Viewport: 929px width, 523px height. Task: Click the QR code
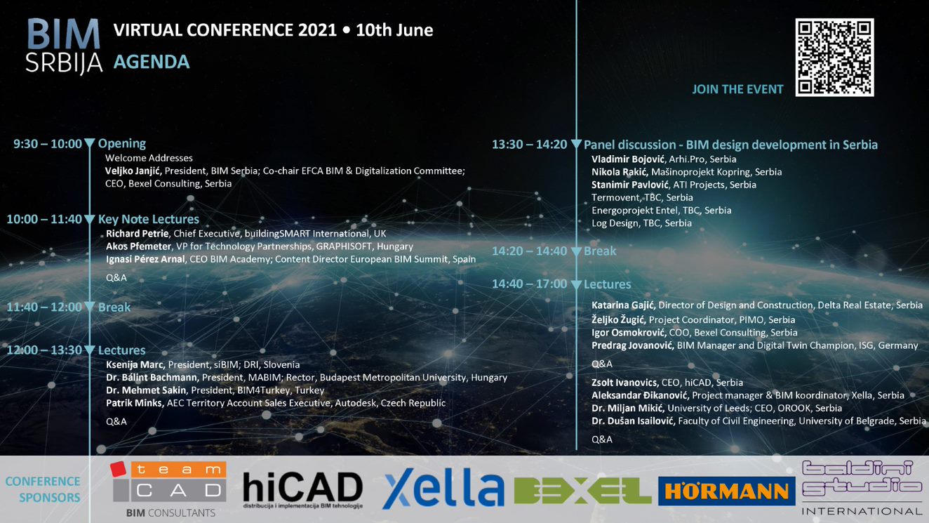click(x=834, y=58)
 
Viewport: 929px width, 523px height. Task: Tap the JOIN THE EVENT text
click(x=737, y=89)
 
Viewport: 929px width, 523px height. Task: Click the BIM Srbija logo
click(x=65, y=46)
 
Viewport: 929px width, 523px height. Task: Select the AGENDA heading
click(x=152, y=62)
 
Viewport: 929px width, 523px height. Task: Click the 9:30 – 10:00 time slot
click(x=48, y=144)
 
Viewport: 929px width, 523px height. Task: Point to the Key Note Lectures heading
click(x=149, y=219)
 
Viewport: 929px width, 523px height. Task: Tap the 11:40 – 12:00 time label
click(x=44, y=307)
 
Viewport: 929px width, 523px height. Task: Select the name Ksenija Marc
click(x=135, y=364)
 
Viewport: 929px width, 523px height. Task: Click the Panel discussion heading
click(x=730, y=145)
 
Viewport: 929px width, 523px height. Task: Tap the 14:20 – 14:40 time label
click(x=529, y=251)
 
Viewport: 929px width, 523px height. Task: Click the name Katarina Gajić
click(x=623, y=305)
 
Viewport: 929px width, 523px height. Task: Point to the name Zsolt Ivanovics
click(x=624, y=383)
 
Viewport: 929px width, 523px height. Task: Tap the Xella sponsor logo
click(x=443, y=489)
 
